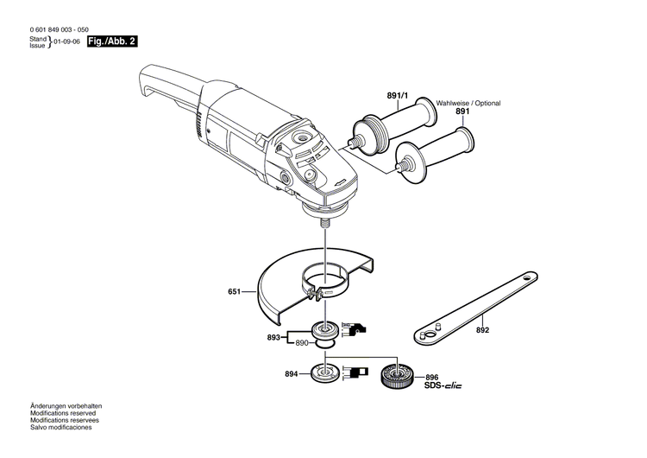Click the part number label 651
(233, 293)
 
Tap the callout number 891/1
(397, 97)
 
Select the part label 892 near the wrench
(482, 330)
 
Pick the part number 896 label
(432, 377)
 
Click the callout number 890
(301, 343)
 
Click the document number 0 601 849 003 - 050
(60, 29)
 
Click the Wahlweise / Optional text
(468, 103)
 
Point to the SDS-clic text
(443, 385)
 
